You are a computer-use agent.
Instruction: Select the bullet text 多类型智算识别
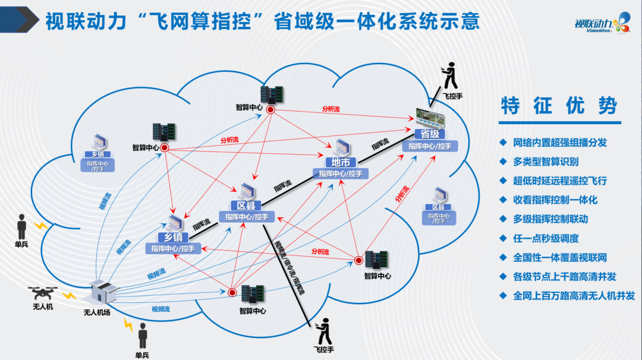tap(546, 162)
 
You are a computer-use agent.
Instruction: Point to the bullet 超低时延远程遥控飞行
tap(560, 181)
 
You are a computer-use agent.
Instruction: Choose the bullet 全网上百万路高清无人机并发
tap(574, 295)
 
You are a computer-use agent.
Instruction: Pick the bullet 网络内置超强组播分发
tap(560, 143)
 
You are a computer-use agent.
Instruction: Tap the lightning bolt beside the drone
tap(70, 295)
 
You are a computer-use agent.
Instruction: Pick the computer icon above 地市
tap(341, 147)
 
